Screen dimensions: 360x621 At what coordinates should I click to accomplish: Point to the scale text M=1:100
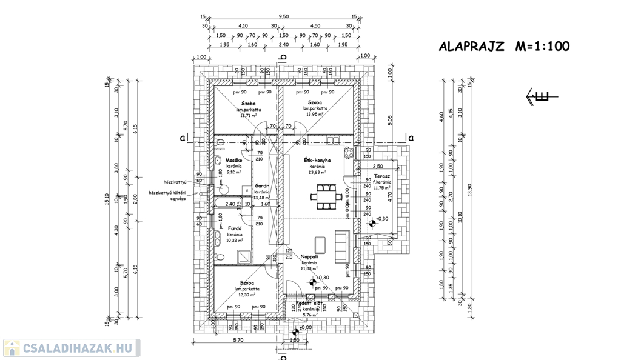click(542, 47)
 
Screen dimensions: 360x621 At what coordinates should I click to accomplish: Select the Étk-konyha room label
click(317, 160)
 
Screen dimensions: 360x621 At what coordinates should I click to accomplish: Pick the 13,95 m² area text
click(314, 113)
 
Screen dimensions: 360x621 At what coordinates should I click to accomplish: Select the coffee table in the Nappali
click(322, 244)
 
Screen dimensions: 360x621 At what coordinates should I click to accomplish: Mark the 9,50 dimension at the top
click(283, 17)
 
